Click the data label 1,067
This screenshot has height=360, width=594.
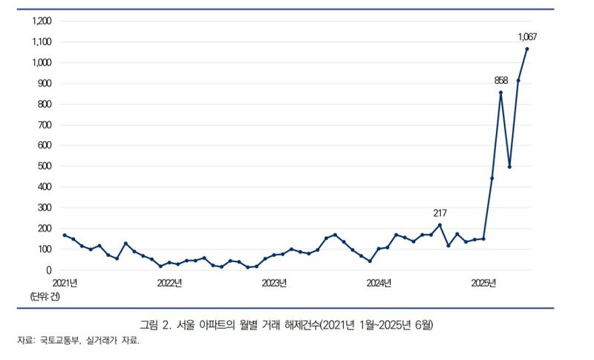(x=527, y=36)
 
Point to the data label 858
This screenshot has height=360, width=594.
(x=501, y=79)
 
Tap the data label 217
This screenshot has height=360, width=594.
(x=440, y=212)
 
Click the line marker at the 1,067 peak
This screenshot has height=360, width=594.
(x=527, y=49)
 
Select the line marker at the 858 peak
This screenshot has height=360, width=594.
(x=501, y=93)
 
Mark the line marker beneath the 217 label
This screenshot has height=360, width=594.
(x=440, y=225)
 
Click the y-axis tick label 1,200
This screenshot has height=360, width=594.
(x=41, y=21)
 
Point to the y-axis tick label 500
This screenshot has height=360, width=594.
(x=44, y=166)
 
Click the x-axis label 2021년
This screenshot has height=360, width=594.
(x=65, y=284)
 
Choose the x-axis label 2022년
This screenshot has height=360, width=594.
(x=169, y=284)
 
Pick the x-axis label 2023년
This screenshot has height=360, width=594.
(x=274, y=284)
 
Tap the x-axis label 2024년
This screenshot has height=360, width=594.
(x=379, y=284)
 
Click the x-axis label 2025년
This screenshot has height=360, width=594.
(x=483, y=284)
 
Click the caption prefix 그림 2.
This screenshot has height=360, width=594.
(x=155, y=325)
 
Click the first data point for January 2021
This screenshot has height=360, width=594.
(x=65, y=235)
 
